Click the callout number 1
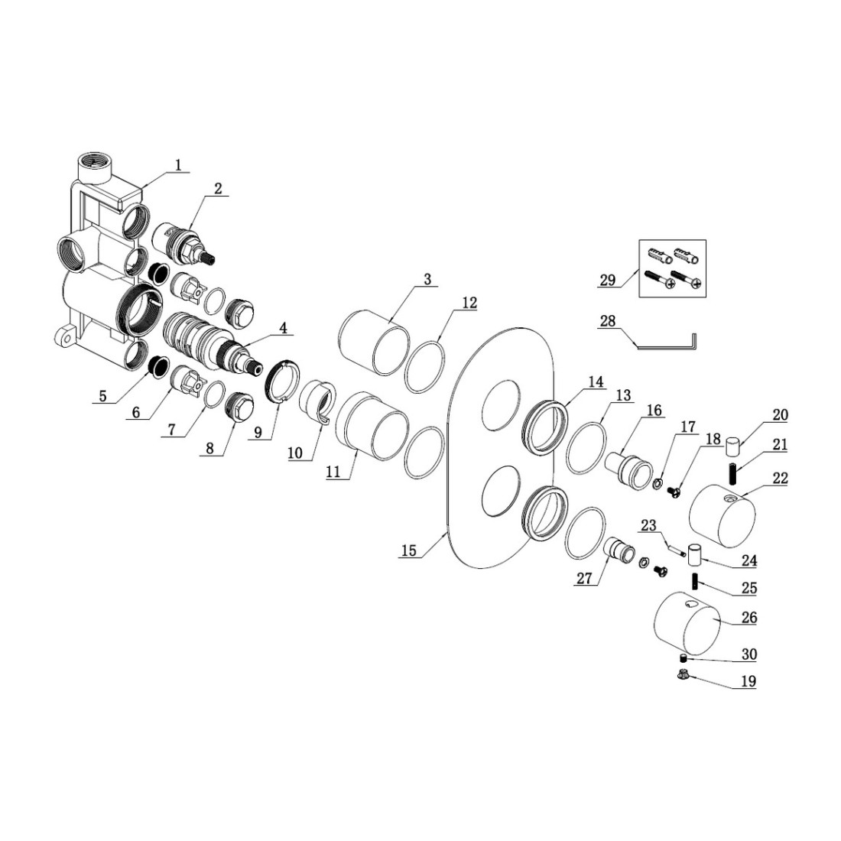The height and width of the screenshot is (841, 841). tap(178, 164)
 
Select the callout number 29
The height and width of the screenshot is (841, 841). tap(607, 281)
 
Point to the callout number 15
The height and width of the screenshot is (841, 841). tap(408, 550)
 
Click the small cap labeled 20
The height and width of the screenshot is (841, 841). tap(735, 443)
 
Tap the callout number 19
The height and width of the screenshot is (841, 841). tap(747, 681)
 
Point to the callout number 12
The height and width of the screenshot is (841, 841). tap(469, 304)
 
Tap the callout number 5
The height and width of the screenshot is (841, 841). tap(103, 397)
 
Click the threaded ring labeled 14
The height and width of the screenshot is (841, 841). tap(546, 424)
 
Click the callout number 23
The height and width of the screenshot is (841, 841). tap(648, 525)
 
